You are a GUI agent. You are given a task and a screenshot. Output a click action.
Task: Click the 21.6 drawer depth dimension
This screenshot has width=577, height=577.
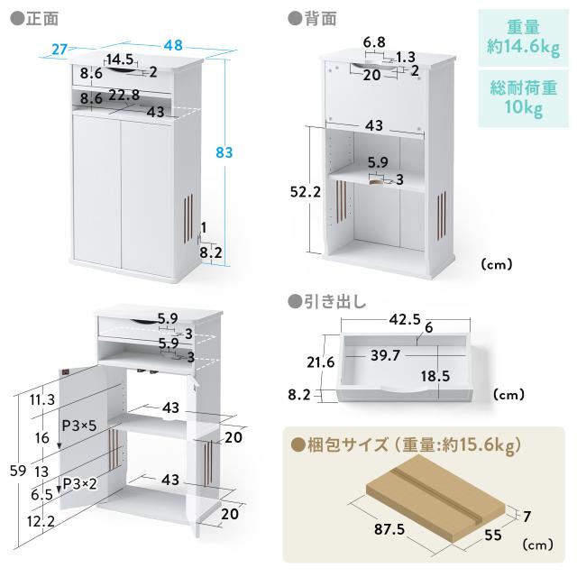[314, 363]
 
